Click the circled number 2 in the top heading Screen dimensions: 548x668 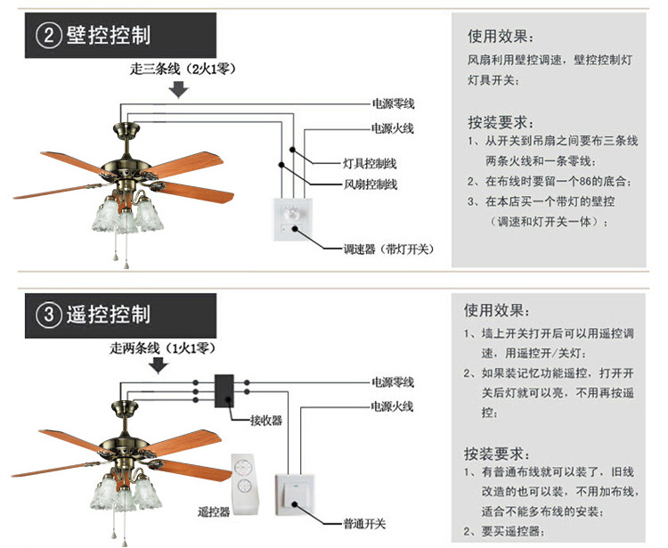49,35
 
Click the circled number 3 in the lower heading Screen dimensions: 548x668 49,314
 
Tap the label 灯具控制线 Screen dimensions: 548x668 370,164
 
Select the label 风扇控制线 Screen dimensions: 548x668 370,184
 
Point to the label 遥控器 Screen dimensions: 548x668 213,512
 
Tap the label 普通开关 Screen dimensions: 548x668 364,525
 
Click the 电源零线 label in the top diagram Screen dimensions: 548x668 393,104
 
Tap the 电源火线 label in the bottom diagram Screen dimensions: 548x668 393,406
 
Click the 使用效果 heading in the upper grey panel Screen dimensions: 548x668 501,37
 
